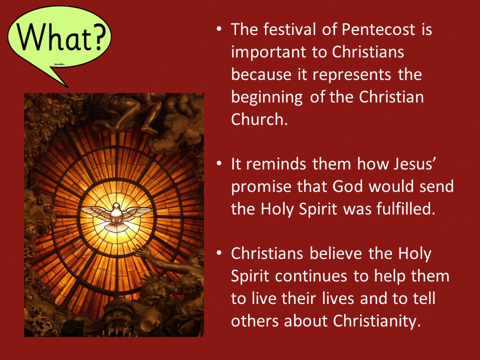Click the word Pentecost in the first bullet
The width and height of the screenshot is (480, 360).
coord(378,29)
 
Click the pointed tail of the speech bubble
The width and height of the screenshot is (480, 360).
coord(66,86)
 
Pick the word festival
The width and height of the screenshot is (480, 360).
coord(289,29)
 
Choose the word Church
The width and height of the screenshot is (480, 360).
coord(259,119)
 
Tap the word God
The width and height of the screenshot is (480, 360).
coord(348,186)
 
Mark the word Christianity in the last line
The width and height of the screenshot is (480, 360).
coord(375,321)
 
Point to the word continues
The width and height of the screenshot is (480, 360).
coord(311,276)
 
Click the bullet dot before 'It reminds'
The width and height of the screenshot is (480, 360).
coord(219,163)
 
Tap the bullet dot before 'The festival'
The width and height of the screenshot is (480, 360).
coord(219,29)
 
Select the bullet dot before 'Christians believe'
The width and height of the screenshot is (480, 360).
coord(219,253)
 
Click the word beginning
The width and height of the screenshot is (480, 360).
coord(267,97)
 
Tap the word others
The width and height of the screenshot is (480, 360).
coord(254,321)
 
